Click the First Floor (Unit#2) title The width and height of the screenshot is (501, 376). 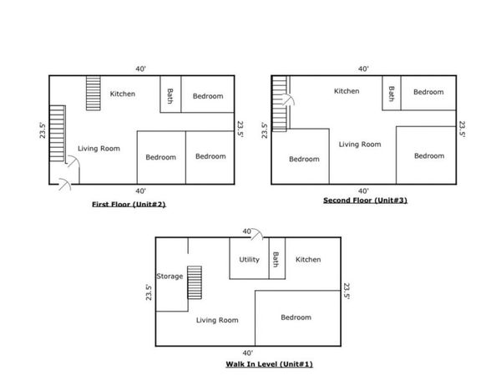tap(129, 205)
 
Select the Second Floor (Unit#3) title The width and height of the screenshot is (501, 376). tap(365, 201)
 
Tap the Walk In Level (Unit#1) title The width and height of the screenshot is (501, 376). tap(270, 364)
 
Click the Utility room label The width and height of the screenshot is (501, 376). tap(249, 260)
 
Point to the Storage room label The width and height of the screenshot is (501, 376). tap(170, 277)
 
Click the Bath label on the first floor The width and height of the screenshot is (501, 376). tap(170, 96)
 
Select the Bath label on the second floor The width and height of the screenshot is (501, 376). tap(392, 94)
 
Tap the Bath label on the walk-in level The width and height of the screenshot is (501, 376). tap(276, 259)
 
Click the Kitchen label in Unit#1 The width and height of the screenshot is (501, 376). tap(308, 260)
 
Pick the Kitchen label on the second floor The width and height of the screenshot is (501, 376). tap(347, 91)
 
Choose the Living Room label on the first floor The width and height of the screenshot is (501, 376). tap(99, 149)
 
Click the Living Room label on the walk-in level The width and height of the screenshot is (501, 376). tap(217, 320)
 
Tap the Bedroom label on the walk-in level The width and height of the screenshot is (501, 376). tap(296, 318)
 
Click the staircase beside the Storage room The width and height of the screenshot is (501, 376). tap(195, 282)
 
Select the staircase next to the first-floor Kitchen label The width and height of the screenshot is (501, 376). tap(94, 93)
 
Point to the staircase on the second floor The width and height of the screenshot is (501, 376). tap(279, 104)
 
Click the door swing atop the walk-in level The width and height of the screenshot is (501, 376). tap(257, 234)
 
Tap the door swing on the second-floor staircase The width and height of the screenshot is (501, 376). tap(289, 99)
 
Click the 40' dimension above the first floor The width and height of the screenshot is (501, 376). tap(141, 69)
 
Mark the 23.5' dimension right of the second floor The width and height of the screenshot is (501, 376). tap(463, 130)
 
